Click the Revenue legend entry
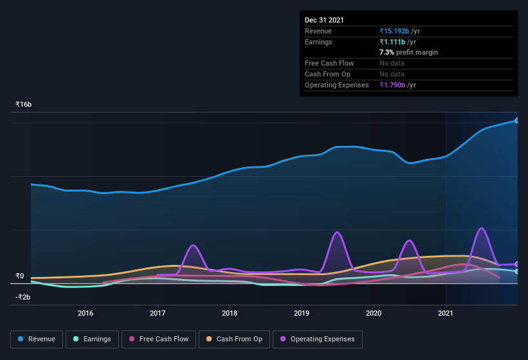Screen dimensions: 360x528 tap(37, 339)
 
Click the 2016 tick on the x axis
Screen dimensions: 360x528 tap(86, 313)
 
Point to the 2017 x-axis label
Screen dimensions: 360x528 tap(158, 313)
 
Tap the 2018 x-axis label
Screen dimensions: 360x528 tap(230, 313)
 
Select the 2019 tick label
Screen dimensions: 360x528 tap(302, 313)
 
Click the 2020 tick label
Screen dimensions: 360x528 tap(374, 313)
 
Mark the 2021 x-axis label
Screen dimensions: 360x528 tap(446, 313)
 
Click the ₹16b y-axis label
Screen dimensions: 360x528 tap(24, 104)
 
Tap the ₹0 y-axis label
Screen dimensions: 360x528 tap(20, 276)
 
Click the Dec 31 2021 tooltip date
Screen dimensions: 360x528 tap(324, 20)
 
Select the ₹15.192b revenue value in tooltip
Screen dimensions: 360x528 tap(394, 31)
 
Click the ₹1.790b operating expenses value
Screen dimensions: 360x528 tap(394, 85)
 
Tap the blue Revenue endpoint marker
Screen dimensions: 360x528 tap(517, 120)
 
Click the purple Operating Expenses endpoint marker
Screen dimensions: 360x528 tap(517, 264)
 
